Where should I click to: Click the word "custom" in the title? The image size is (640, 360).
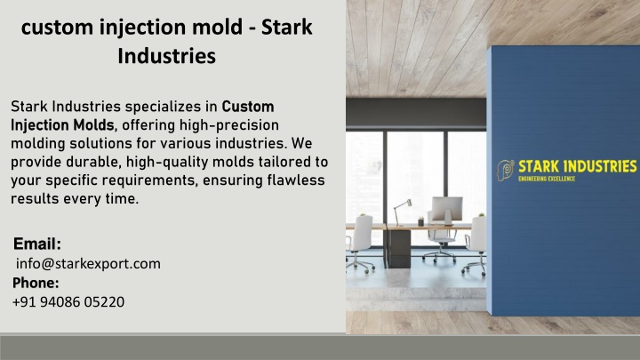click(57, 28)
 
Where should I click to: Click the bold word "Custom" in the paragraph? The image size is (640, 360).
click(248, 107)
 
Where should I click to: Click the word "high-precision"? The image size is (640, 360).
click(229, 125)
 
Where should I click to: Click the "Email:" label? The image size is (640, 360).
click(37, 244)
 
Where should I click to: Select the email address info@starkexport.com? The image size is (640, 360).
click(88, 264)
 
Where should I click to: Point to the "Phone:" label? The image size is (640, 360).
click(36, 283)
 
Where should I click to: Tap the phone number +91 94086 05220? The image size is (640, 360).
click(68, 302)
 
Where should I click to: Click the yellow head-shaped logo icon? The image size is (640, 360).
click(505, 171)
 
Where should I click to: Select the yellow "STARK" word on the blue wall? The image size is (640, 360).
click(539, 166)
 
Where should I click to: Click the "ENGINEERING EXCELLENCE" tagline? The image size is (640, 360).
click(547, 179)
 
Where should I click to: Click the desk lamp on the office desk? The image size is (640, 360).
click(402, 212)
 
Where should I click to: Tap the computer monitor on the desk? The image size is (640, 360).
click(447, 210)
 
